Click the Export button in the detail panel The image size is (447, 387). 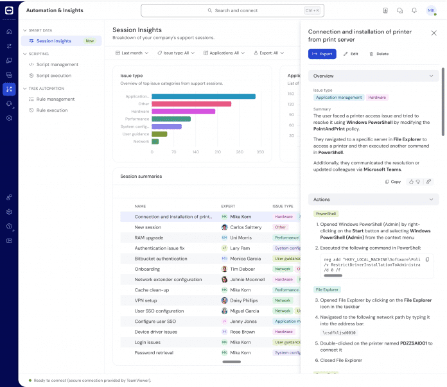pos(322,54)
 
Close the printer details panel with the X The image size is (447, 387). pos(434,33)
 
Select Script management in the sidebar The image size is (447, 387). pos(57,64)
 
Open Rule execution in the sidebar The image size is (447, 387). pos(51,110)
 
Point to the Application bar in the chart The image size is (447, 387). pos(203,96)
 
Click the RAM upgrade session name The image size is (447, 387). pos(149,237)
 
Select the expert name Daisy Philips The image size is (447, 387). pos(244,300)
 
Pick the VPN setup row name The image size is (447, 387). pos(146,300)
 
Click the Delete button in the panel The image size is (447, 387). pos(378,54)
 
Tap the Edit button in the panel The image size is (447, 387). pos(351,54)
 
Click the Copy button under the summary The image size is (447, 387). pos(392,182)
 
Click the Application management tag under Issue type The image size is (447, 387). pos(338,98)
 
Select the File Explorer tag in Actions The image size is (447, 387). pos(327,289)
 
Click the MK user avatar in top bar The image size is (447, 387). pos(431,11)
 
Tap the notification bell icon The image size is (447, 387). pos(414,11)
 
